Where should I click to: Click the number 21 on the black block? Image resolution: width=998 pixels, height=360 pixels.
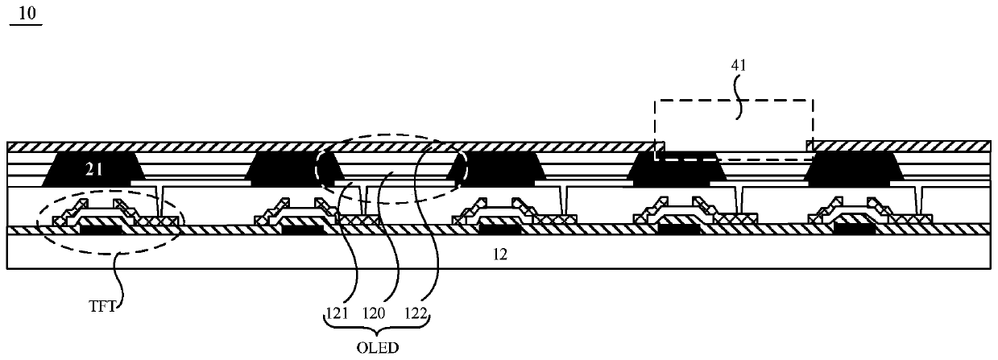click(x=97, y=168)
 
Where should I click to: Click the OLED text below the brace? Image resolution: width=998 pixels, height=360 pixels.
click(x=378, y=348)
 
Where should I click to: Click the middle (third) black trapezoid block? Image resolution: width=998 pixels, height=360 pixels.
click(x=494, y=169)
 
